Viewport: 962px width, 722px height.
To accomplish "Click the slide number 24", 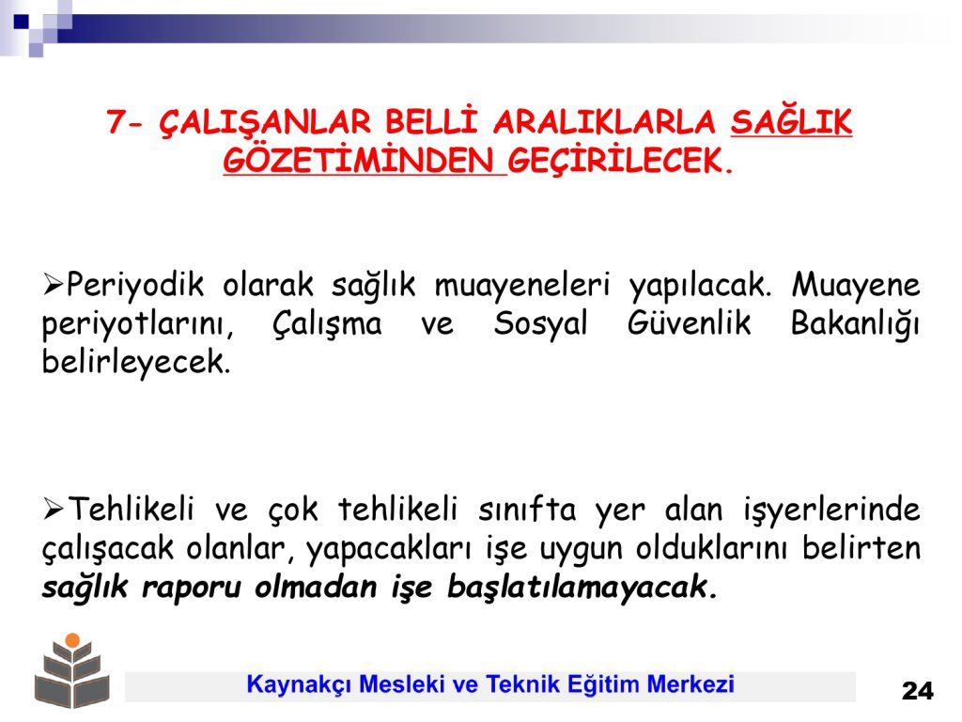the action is [x=917, y=691].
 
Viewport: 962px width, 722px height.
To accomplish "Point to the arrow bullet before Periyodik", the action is [x=53, y=285].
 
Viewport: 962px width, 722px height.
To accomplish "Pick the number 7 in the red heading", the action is [x=116, y=121].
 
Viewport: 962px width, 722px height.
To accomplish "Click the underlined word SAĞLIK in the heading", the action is [x=791, y=122].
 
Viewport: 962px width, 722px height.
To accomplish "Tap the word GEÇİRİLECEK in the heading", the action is [x=620, y=162].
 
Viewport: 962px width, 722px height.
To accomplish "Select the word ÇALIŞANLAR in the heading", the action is [x=264, y=122].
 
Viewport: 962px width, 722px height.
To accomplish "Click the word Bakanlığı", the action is [x=855, y=324].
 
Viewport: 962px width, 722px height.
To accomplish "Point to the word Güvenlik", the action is [x=689, y=323].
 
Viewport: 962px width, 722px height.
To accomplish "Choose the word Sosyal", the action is [x=540, y=324].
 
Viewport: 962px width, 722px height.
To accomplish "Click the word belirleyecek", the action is [x=135, y=363].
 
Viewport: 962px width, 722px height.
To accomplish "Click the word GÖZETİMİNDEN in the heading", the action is [x=365, y=161].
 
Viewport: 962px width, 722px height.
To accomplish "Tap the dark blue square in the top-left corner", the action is [x=21, y=22].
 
